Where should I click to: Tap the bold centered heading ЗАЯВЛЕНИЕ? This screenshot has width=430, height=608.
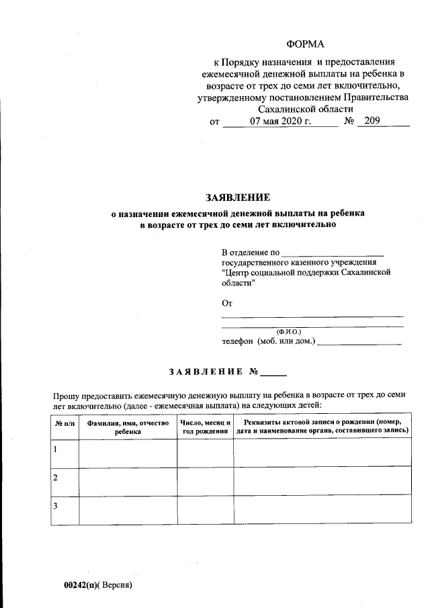(x=237, y=198)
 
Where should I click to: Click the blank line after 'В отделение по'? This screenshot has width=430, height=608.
(x=332, y=253)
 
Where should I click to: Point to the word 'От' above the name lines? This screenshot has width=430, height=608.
(x=226, y=304)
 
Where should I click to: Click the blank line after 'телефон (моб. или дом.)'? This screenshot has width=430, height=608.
(x=359, y=342)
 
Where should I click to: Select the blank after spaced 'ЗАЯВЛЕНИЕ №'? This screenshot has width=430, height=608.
(x=273, y=372)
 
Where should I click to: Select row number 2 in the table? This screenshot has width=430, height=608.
(x=56, y=477)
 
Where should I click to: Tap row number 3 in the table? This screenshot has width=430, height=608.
(x=56, y=505)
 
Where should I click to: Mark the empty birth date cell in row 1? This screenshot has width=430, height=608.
(x=205, y=452)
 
